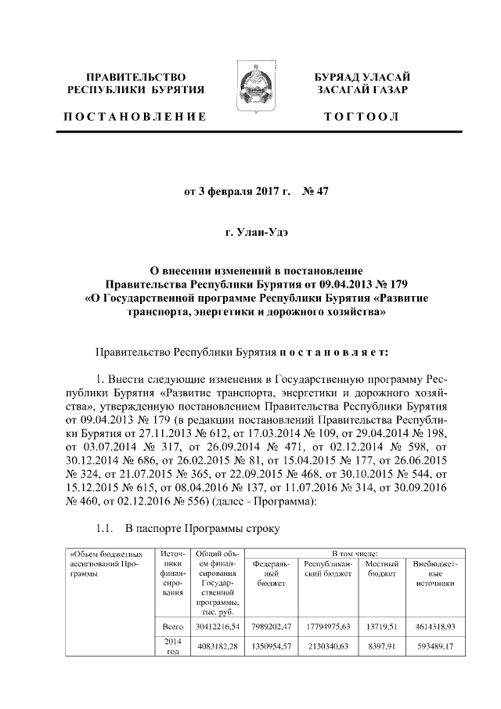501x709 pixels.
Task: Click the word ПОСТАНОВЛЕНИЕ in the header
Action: tap(135, 117)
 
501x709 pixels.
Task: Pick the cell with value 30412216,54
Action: tap(214, 627)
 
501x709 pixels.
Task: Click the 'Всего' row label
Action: tap(171, 627)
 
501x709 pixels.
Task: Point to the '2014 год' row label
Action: tap(171, 647)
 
